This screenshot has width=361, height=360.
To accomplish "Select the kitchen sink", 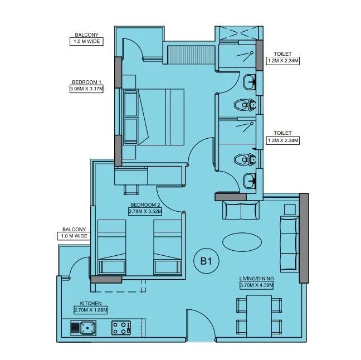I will coord(82,328).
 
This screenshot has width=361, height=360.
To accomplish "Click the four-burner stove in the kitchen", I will coord(121,328).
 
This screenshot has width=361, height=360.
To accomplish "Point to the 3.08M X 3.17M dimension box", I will coord(86,88).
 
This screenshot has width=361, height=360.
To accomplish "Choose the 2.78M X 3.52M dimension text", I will coord(144,212).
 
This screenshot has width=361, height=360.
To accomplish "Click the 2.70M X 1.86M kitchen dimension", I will coord(90,310).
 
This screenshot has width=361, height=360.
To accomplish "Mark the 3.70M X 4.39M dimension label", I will coord(256,285).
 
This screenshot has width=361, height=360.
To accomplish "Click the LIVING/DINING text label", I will coord(256,278).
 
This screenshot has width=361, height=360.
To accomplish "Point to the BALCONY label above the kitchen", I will coord(74,229).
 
